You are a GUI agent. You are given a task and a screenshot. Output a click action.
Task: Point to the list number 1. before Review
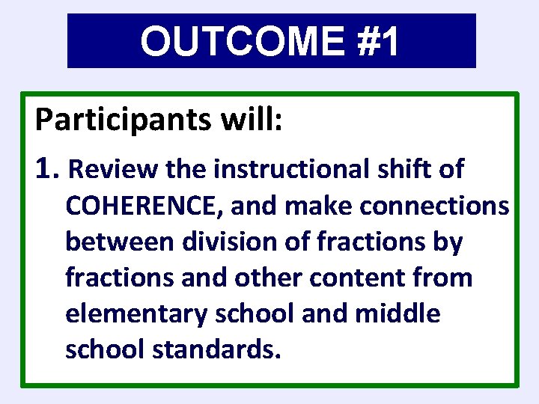click(x=46, y=170)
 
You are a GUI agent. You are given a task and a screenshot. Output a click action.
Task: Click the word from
click(x=442, y=278)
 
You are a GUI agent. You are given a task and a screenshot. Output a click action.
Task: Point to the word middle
click(x=398, y=313)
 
